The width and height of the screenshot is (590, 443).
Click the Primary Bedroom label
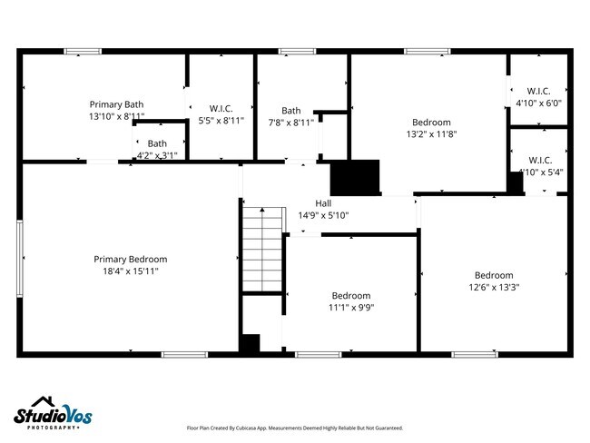coord(130,259)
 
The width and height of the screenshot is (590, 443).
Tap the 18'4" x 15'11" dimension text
coord(130,271)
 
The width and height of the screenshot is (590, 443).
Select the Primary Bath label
coord(116,104)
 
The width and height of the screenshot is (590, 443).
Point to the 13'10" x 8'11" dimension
coord(116,117)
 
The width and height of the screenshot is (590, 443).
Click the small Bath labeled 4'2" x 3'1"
coord(157,143)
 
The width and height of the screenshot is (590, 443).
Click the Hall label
coord(323,202)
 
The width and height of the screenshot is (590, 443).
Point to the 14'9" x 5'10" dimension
coord(323,215)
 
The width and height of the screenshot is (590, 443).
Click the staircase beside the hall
coord(262,249)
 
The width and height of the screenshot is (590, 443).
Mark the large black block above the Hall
coord(355,176)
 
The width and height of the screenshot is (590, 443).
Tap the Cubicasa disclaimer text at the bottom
coord(294,428)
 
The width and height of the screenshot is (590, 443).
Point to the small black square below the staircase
coord(250,343)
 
